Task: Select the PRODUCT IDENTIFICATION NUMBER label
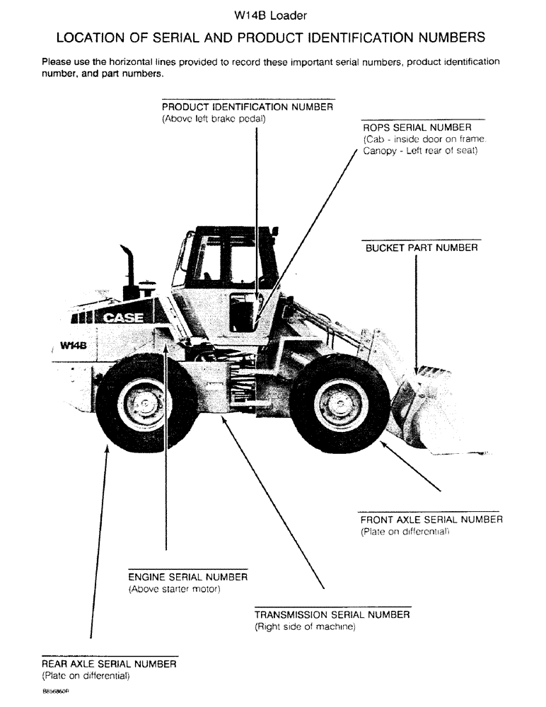(x=248, y=107)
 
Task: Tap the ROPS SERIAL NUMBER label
(x=417, y=127)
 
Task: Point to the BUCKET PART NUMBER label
(x=422, y=248)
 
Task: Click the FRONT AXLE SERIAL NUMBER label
(x=431, y=520)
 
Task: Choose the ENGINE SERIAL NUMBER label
(x=187, y=577)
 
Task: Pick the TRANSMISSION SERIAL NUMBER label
(x=332, y=614)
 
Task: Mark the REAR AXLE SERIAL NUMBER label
(x=109, y=664)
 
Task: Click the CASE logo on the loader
(x=124, y=318)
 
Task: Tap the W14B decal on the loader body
(x=73, y=346)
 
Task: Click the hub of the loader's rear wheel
(x=144, y=404)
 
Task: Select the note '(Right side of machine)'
(x=305, y=627)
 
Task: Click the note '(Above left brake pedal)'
(x=214, y=119)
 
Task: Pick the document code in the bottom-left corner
(x=56, y=693)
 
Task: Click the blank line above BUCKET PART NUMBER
(x=422, y=240)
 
